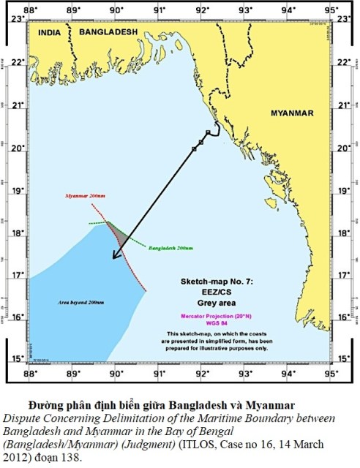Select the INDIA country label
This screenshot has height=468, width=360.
click(x=51, y=33)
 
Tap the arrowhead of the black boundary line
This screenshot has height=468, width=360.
click(x=113, y=257)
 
